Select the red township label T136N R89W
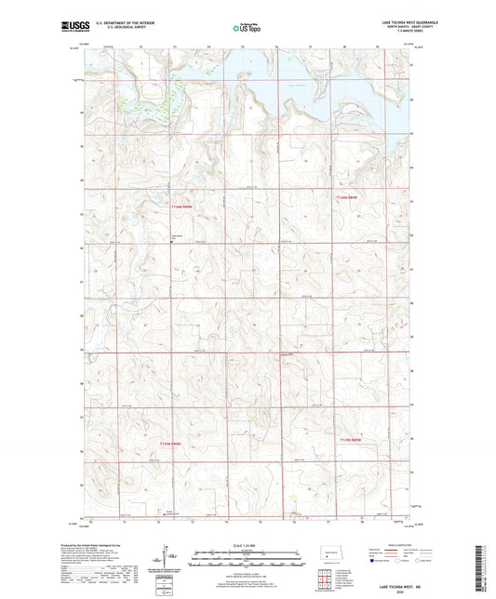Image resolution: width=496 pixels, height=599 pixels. point(346,197)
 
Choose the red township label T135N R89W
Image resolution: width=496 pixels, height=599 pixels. point(349,439)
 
